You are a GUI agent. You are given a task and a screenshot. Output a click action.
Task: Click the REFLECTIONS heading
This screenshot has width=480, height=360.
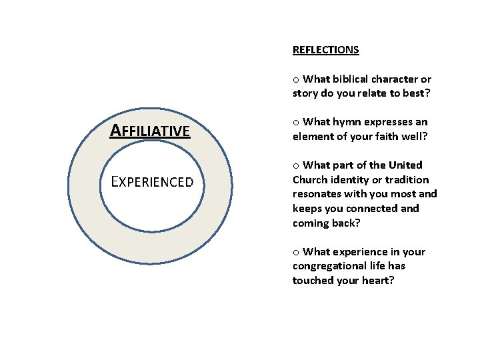[x=325, y=50]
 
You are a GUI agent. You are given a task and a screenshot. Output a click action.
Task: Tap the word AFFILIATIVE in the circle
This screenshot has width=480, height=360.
[x=150, y=131]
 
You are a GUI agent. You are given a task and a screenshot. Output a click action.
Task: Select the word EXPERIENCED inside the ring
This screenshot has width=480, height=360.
[x=152, y=181]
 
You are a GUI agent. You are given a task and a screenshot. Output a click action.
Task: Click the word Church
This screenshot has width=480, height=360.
[x=310, y=180]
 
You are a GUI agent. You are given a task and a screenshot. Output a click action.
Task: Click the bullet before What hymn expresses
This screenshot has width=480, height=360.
[x=295, y=123]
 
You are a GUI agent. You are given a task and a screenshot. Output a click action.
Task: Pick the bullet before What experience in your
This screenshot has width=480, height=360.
[x=295, y=253]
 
